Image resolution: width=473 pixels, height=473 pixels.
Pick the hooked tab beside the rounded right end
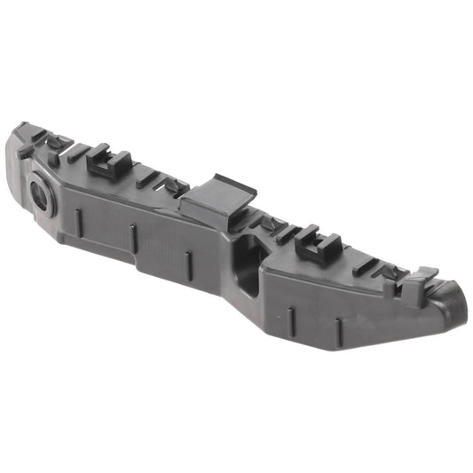click(x=423, y=274)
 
